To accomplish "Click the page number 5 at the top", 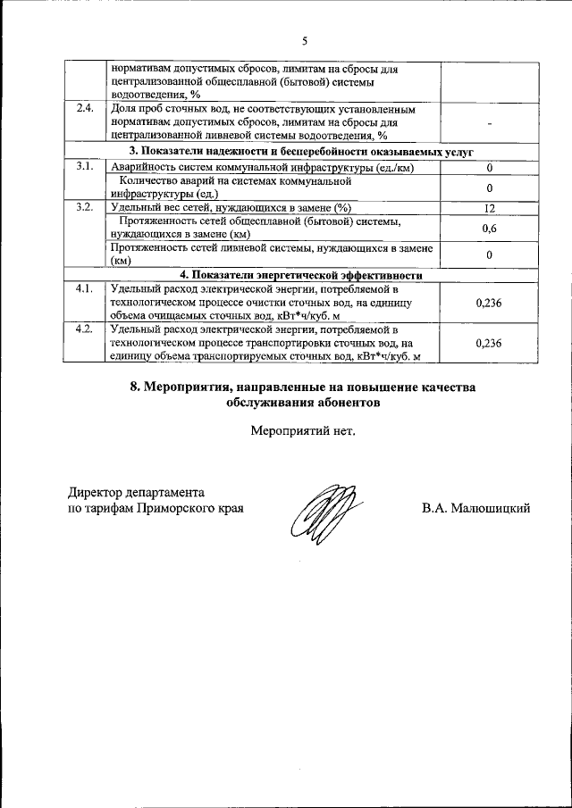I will [304, 41].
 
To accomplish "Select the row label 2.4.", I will [85, 109].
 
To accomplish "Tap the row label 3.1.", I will [85, 167].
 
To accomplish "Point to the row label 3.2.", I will [85, 207].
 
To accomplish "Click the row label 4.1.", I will [85, 288].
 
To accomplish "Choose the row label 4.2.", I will [85, 329].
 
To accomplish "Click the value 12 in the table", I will [489, 208].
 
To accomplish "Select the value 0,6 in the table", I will [489, 229].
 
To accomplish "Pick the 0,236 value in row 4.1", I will [489, 303].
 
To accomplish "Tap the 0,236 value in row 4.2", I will [489, 343].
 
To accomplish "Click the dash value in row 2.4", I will [489, 123].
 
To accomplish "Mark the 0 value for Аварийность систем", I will [489, 168].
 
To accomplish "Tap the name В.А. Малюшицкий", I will [476, 508].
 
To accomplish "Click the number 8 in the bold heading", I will [134, 387].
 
